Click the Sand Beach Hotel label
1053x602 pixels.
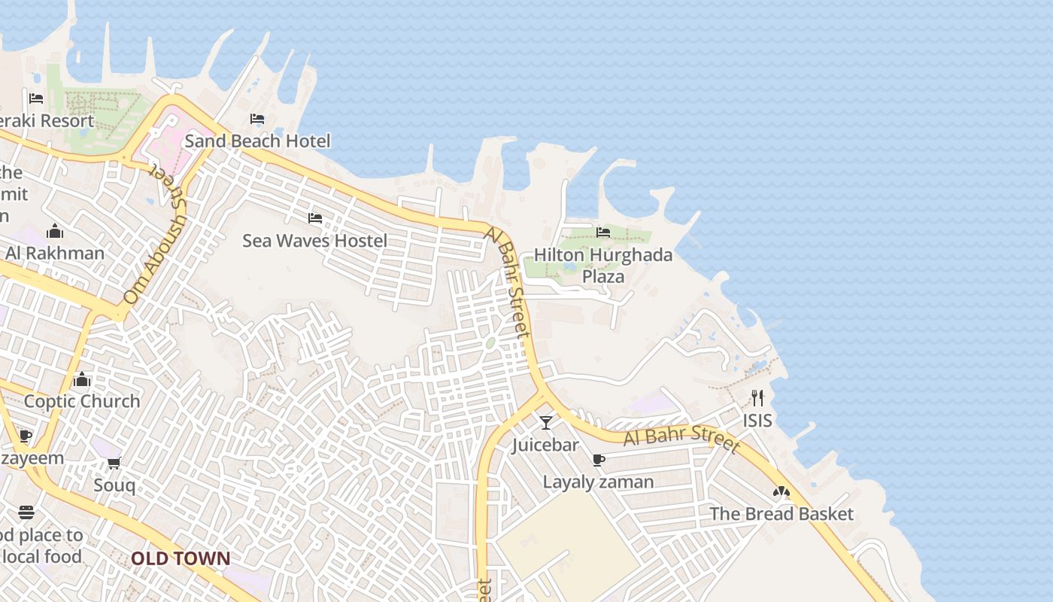257,141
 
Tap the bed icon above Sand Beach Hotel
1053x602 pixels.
257,119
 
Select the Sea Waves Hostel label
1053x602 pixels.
314,241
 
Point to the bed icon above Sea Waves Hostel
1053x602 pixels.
315,218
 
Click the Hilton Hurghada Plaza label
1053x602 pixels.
603,266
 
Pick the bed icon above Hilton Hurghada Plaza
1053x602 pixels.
603,233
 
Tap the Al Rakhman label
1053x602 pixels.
55,253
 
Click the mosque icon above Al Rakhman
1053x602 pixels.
55,230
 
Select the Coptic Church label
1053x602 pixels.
82,401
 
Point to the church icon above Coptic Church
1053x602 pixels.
82,379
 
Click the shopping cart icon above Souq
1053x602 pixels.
114,463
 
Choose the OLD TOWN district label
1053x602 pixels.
181,558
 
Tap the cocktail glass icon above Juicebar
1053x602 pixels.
546,423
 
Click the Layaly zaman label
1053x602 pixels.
599,482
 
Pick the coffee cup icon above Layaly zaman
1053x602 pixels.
599,460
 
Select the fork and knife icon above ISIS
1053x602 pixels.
757,398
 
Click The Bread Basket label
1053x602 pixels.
781,514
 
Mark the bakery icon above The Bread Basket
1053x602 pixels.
781,492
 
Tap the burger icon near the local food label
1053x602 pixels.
26,513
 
